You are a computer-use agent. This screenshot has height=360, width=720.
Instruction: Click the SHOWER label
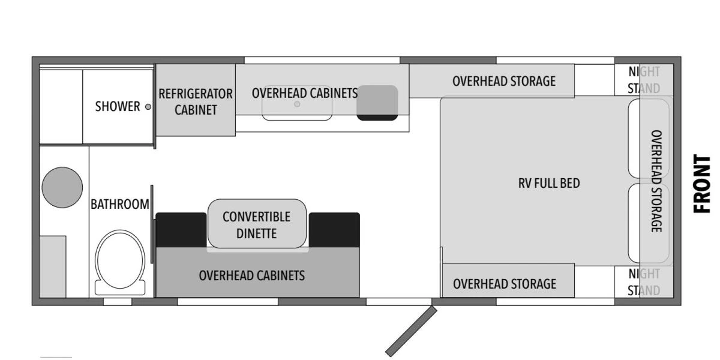coord(118,106)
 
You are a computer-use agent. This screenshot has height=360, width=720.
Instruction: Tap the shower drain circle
coord(148,106)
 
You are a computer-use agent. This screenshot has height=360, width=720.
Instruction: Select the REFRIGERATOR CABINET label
coord(196,102)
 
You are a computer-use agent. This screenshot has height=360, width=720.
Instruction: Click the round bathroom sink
coord(62,186)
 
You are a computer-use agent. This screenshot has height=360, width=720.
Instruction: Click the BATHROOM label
coord(120,204)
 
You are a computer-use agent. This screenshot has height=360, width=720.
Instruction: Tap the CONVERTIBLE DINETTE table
coord(257,224)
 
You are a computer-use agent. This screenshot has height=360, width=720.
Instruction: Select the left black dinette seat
coord(181,229)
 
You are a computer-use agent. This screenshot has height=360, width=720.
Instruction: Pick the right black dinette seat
coord(334,229)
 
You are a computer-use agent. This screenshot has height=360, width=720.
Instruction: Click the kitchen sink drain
coord(297,104)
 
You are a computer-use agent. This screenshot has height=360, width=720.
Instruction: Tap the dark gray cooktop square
coord(377,101)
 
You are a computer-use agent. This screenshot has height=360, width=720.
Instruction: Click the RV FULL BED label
coord(549,183)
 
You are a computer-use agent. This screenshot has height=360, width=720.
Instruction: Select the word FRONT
coord(702,184)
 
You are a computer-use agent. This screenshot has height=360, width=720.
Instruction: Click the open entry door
coord(410,332)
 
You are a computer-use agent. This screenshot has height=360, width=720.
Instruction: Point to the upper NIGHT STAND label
coord(644,80)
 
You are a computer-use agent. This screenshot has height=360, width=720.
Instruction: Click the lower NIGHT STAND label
coord(644,282)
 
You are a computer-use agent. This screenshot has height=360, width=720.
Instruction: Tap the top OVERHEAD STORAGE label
coord(504,81)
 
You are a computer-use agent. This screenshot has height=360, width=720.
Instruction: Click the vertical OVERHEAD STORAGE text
coord(656,181)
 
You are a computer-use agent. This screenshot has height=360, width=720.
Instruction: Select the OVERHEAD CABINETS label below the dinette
coord(252,275)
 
